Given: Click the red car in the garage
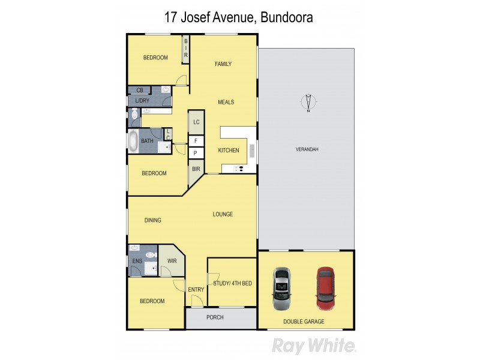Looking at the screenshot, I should click(325, 288).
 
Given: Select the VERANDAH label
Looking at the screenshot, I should click(306, 149).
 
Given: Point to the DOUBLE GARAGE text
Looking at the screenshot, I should click(304, 322).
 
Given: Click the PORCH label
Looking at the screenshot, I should click(214, 317).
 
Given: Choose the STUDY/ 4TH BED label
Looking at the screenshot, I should click(232, 283).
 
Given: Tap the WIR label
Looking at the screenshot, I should click(172, 261).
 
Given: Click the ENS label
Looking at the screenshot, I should click(137, 261).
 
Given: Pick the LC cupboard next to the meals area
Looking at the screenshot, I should click(196, 122).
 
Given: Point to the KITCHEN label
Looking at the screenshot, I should click(229, 150).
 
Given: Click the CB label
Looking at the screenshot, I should click(139, 90).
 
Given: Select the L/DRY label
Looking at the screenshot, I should click(142, 100).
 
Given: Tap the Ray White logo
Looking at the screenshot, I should click(314, 346).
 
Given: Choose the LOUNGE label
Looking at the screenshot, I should click(223, 214).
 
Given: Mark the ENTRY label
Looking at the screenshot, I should click(196, 289).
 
